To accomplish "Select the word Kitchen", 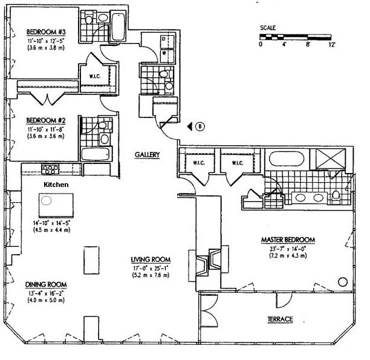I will [x=55, y=183].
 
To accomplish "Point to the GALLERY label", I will [x=147, y=155].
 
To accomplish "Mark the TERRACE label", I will [x=281, y=319].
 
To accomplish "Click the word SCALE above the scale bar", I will [x=268, y=28].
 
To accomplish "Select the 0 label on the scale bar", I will [x=261, y=44].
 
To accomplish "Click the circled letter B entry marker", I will [x=201, y=126].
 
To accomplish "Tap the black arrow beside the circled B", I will [x=190, y=126].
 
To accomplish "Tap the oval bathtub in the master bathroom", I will [x=287, y=160].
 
